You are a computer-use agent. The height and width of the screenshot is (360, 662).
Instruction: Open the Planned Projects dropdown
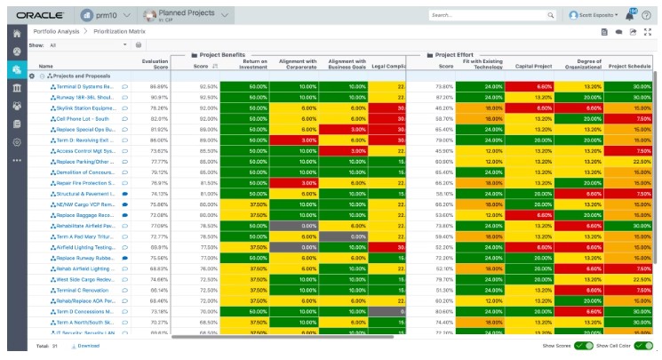pyautogui.click(x=186, y=15)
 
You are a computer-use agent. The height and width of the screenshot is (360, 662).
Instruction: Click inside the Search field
pyautogui.click(x=484, y=15)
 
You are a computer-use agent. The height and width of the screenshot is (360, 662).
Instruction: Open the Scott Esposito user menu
pyautogui.click(x=596, y=15)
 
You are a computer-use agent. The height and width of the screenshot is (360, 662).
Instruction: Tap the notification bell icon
pyautogui.click(x=631, y=14)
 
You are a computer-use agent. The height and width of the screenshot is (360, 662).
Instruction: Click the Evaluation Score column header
pyautogui.click(x=155, y=63)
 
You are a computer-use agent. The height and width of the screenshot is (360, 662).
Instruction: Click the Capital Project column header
pyautogui.click(x=533, y=66)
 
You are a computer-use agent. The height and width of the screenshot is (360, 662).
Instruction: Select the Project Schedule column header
pyautogui.click(x=629, y=66)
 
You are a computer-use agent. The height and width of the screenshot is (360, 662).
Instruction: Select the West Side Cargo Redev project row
pyautogui.click(x=85, y=278)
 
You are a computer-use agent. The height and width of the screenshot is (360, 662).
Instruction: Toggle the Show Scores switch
pyautogui.click(x=583, y=345)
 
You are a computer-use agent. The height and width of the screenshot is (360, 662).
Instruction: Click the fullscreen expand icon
pyautogui.click(x=648, y=32)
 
